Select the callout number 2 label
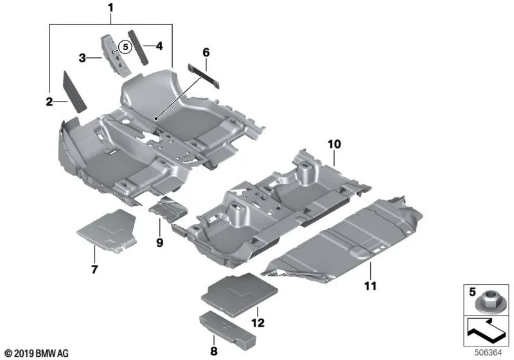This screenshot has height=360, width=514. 49,100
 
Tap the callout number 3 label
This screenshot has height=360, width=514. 82,58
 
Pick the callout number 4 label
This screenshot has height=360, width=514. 159,46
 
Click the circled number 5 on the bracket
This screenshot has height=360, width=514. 125,46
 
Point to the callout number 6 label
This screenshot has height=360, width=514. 206,51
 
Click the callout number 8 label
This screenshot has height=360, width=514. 213,350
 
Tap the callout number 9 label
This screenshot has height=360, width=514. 160,242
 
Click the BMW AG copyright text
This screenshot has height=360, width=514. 36,353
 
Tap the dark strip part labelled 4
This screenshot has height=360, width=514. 139,46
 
